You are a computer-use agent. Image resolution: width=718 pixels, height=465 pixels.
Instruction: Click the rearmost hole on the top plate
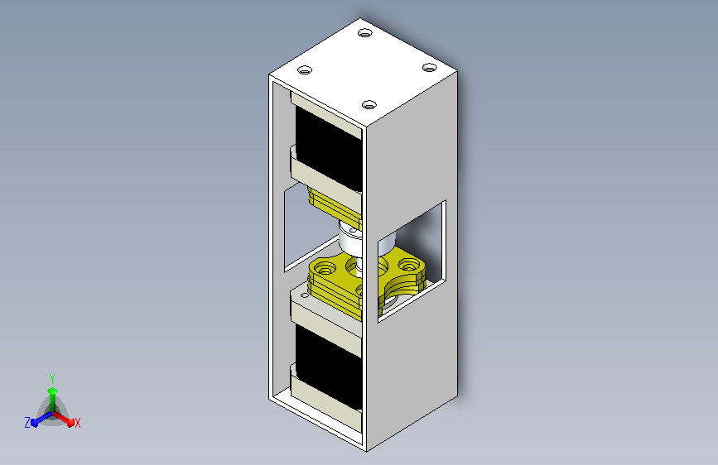[365, 32]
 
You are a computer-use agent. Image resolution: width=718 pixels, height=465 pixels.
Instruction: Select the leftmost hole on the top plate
[305, 70]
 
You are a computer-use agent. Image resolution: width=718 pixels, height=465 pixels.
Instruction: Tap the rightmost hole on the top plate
[429, 68]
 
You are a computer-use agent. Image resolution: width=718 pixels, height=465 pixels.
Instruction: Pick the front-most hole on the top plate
[369, 105]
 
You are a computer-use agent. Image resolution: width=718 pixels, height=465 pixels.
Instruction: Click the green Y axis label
[52, 378]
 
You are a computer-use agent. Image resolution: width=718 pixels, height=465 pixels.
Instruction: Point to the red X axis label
[77, 424]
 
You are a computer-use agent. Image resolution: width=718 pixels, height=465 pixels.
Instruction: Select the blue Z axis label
[27, 423]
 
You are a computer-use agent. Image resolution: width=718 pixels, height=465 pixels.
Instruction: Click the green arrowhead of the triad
[53, 391]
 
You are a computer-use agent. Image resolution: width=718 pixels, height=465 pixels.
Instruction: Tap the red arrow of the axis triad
[64, 419]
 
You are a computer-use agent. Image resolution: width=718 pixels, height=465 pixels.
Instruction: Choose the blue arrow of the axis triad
[42, 419]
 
